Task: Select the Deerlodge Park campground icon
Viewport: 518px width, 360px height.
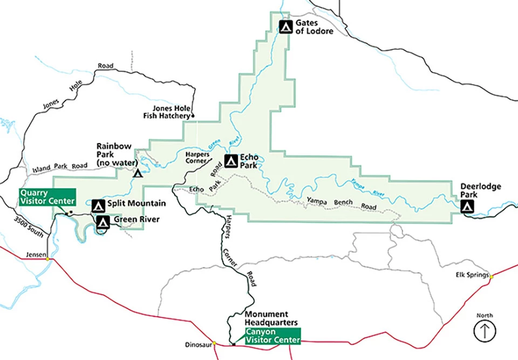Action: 467,206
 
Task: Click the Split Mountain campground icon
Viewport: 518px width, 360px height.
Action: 98,205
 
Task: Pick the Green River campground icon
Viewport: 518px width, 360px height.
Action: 103,220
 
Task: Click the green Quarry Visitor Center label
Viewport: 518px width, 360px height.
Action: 48,197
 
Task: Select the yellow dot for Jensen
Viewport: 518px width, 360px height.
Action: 47,259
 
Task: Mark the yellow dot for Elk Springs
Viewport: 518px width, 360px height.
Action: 492,276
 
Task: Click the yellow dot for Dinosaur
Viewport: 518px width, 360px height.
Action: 214,342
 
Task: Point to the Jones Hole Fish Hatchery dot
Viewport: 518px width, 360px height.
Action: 193,116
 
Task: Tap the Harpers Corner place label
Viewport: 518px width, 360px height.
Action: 197,157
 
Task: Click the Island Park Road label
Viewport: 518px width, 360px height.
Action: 60,166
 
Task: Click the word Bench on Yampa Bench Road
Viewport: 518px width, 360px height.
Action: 343,202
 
